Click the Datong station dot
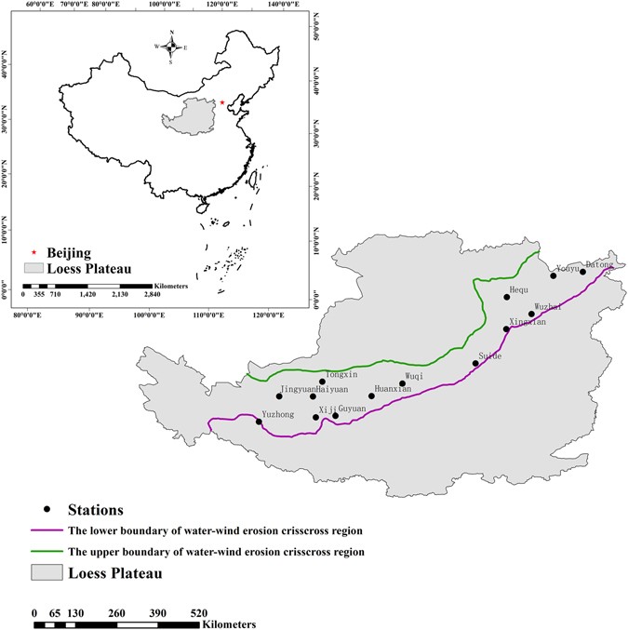(583, 272)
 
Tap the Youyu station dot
(554, 275)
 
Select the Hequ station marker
(507, 297)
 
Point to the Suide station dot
(475, 364)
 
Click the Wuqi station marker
(402, 383)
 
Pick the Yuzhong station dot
(259, 422)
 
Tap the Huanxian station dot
(371, 396)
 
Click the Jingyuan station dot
(279, 396)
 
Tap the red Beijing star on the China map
(222, 102)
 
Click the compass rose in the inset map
(171, 47)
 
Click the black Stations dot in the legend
(48, 510)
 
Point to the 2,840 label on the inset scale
(151, 293)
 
